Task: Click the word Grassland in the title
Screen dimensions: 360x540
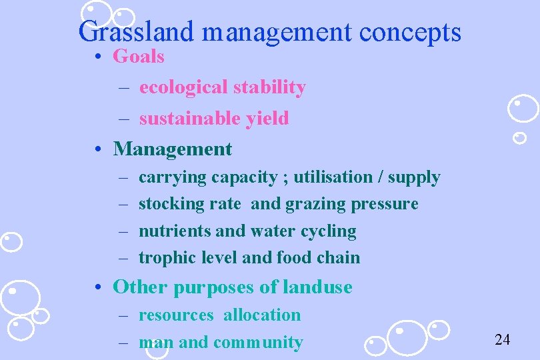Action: [x=137, y=31]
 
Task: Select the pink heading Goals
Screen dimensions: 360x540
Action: [x=139, y=56]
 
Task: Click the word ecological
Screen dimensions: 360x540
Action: [x=184, y=87]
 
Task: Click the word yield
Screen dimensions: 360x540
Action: [x=267, y=119]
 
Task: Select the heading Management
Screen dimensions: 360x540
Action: [x=173, y=149]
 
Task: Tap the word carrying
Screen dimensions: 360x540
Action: [x=172, y=177]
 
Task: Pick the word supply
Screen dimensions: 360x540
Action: [x=414, y=177]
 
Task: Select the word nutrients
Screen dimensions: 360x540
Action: [x=175, y=231]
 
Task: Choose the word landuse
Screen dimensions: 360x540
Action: [x=317, y=287]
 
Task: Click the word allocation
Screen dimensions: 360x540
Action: [x=262, y=315]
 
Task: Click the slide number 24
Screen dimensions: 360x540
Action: [x=502, y=340]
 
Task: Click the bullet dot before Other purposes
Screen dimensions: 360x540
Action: [x=98, y=287]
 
